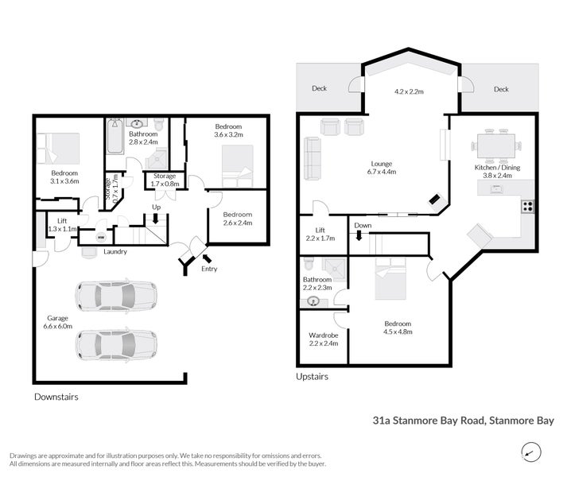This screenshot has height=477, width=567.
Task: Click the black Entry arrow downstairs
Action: (x=207, y=258)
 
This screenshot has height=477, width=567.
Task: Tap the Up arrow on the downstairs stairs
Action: (x=156, y=219)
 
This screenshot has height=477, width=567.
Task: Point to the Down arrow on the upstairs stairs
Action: (x=359, y=236)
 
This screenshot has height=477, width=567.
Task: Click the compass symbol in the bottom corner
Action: (x=531, y=452)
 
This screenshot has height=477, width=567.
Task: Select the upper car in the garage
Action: (x=116, y=297)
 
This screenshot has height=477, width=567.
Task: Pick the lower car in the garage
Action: (x=116, y=345)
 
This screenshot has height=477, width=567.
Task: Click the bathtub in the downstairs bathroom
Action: (x=115, y=136)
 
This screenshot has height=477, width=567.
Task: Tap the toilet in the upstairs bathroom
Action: (x=309, y=263)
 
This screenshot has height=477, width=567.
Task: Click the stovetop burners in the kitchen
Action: (x=527, y=206)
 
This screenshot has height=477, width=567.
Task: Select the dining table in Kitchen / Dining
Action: (x=496, y=146)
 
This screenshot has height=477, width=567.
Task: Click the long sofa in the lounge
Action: (x=313, y=158)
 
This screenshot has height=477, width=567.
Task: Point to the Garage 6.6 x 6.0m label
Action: (x=58, y=322)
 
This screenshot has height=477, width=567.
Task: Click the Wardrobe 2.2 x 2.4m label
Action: (x=324, y=339)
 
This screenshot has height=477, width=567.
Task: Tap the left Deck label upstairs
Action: (x=320, y=88)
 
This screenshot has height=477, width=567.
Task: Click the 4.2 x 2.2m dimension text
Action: (x=409, y=91)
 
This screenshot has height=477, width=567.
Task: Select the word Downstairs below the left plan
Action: (x=56, y=397)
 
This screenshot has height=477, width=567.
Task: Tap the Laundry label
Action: (x=115, y=251)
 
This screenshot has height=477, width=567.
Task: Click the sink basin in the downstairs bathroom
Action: (x=137, y=124)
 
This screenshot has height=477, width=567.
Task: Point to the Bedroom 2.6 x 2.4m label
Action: (x=238, y=219)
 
